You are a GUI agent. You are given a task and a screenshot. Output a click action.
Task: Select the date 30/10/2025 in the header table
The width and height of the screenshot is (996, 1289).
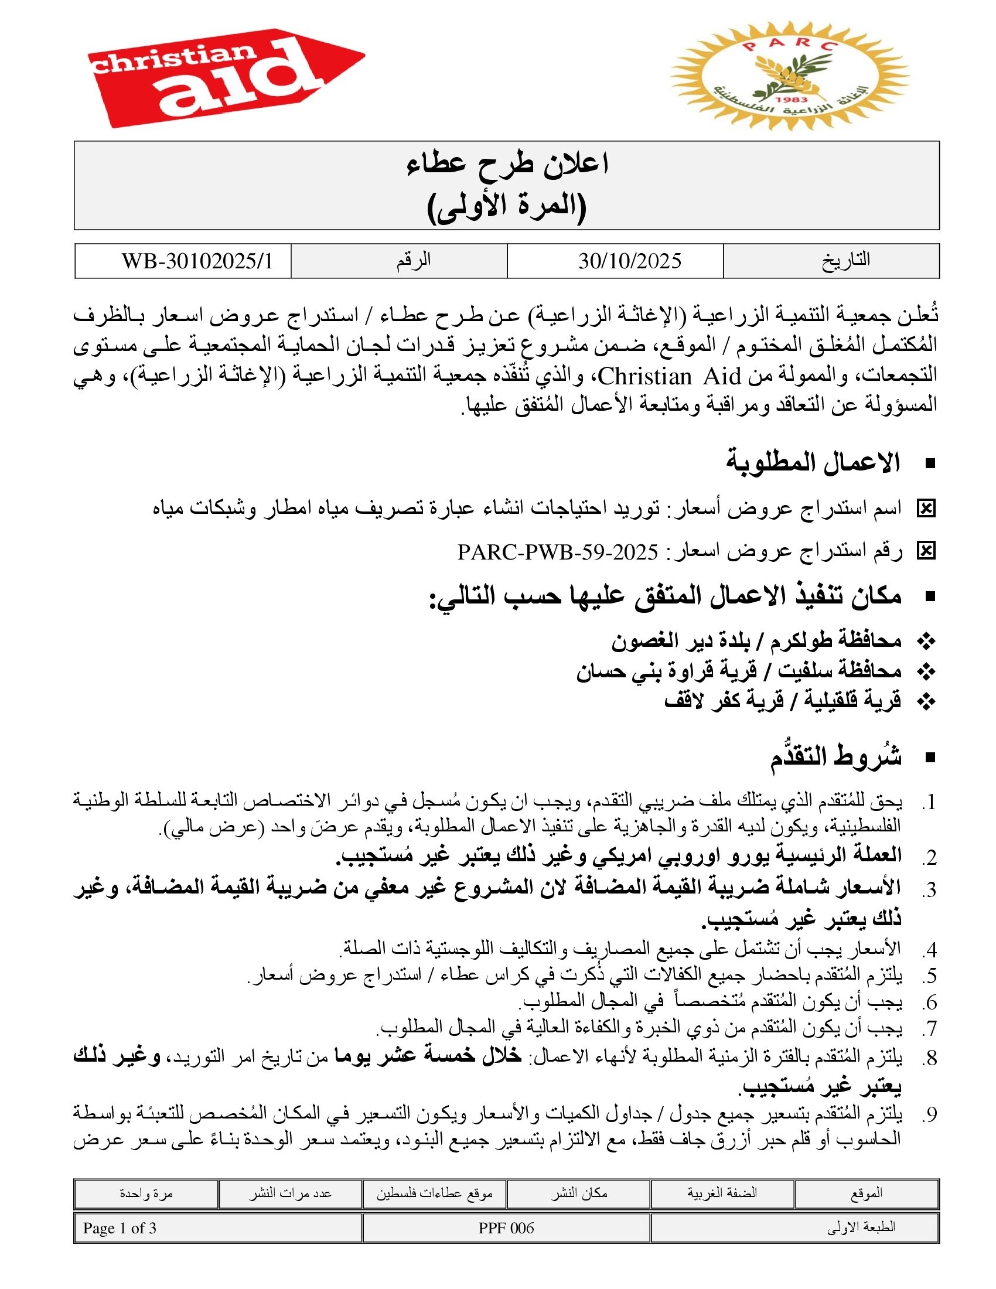tap(630, 261)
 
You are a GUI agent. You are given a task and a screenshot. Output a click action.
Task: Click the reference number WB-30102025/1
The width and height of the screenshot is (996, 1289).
tap(197, 261)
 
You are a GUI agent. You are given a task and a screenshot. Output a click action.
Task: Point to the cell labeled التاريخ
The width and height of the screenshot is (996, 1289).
tap(845, 260)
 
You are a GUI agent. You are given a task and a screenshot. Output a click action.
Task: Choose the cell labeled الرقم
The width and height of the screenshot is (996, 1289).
tap(413, 260)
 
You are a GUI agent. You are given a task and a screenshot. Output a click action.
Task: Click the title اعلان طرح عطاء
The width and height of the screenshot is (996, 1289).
tap(507, 163)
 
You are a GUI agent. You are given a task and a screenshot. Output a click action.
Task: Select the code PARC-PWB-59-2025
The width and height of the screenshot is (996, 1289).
tap(558, 552)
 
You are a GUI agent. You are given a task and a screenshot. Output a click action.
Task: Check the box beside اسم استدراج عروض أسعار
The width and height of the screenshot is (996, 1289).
tap(926, 508)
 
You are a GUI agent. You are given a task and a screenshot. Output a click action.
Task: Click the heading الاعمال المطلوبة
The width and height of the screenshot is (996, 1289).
tap(813, 463)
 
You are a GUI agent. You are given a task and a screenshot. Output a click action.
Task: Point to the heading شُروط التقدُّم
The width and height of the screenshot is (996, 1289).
tap(835, 756)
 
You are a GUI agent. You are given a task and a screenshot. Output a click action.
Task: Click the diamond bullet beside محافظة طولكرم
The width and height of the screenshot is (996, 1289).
tap(927, 641)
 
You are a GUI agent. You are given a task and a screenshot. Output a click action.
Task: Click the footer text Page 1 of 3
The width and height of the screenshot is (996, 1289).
tap(120, 1228)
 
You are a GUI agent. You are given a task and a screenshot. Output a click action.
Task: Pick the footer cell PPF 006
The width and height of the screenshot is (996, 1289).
tap(506, 1228)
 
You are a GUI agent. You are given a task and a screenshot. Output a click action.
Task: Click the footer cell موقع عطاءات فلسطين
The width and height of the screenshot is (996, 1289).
tap(435, 1193)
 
